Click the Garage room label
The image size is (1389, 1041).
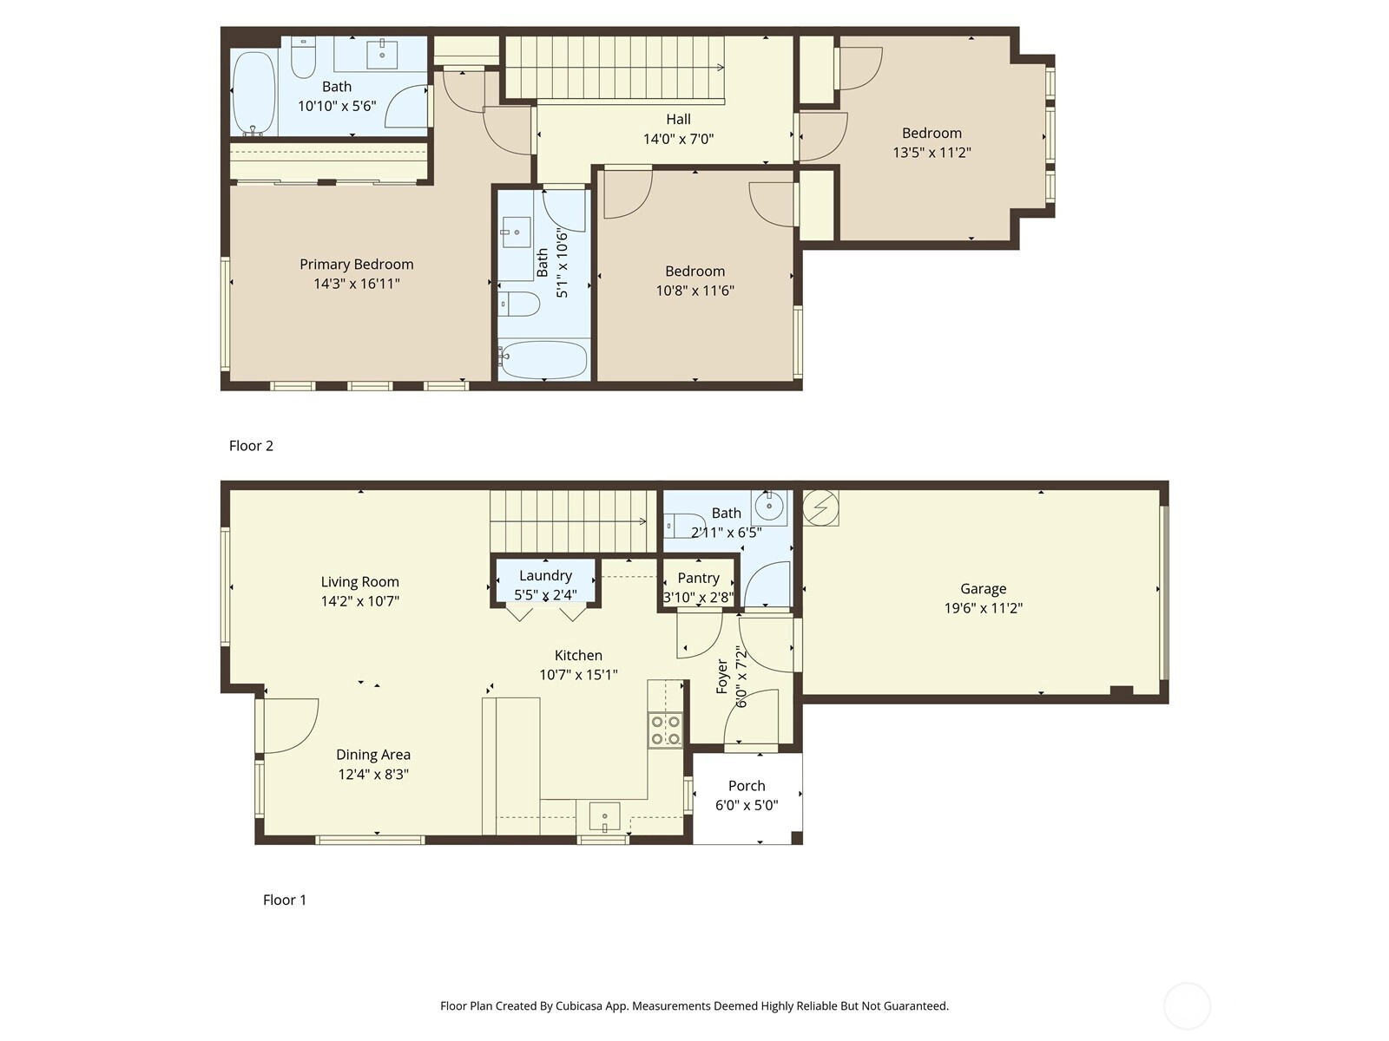[x=983, y=588]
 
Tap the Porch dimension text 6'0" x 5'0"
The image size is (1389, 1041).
[x=746, y=805]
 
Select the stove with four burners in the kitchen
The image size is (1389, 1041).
[x=666, y=730]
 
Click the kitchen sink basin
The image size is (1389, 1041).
[x=604, y=816]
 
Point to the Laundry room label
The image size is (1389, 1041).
[x=545, y=575]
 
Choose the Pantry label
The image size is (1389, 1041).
[x=698, y=578]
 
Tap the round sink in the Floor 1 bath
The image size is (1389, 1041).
[x=769, y=507]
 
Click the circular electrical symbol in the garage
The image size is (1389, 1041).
[x=820, y=507]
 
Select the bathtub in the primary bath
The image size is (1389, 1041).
[x=254, y=93]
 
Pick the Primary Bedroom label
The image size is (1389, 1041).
[x=356, y=265]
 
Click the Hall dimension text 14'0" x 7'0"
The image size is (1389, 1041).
[x=678, y=139]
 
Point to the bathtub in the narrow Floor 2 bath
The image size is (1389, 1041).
[x=543, y=360]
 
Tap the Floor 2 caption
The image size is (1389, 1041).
[x=251, y=446]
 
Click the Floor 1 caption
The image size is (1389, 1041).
[x=285, y=900]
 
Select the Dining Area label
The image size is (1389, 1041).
[x=373, y=754]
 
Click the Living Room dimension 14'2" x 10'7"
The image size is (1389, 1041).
[x=360, y=600]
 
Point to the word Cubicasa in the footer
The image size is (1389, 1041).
[x=579, y=1005]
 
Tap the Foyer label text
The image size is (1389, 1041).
[x=722, y=677]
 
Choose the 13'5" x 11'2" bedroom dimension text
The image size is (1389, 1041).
[x=931, y=153]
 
